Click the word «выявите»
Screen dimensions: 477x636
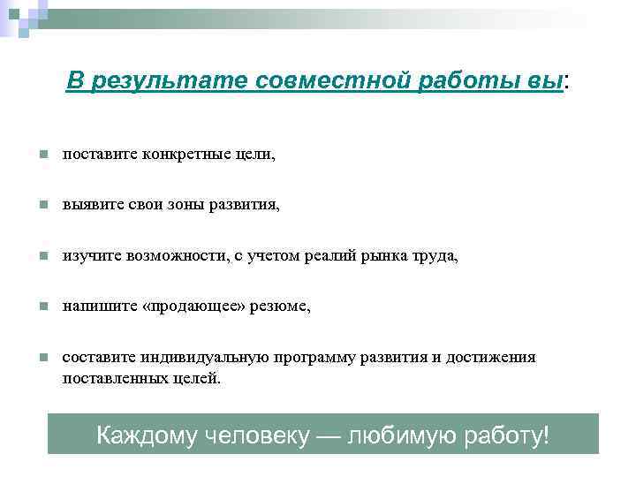pos(87,205)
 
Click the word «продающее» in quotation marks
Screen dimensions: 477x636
pos(199,307)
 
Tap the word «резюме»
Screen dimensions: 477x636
pos(281,307)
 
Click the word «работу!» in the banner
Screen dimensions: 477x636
pos(505,435)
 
